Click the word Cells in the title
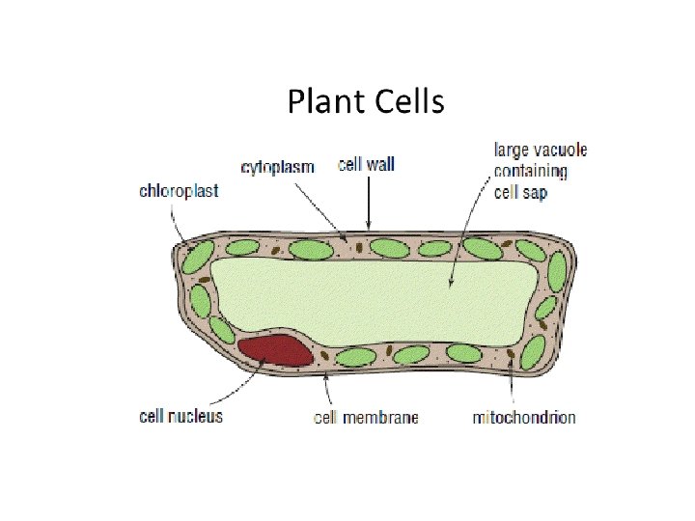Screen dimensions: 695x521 click(405, 102)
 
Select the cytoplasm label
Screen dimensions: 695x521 click(278, 167)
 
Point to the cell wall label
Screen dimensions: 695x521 click(367, 165)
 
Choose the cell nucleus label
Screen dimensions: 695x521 click(181, 417)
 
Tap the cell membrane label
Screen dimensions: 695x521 click(366, 418)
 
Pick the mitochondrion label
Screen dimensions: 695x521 click(524, 418)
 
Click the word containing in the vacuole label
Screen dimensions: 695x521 click(530, 172)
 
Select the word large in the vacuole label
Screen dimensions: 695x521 click(511, 151)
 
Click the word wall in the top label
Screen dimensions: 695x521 click(380, 165)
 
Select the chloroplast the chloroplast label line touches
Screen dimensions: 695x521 click(197, 259)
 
